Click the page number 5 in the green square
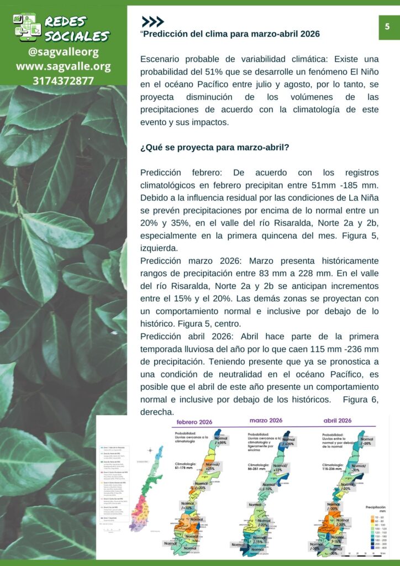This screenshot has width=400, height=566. [387, 26]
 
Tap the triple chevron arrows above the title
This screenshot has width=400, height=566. [152, 22]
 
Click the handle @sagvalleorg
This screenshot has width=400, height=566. [64, 53]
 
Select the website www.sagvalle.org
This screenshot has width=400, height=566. [64, 67]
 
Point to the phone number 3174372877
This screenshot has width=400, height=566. [64, 81]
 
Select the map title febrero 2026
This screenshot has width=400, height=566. [194, 422]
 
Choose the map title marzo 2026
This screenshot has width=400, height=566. [266, 420]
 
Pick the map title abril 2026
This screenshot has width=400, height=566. [338, 421]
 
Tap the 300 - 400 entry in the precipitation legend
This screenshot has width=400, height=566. [378, 549]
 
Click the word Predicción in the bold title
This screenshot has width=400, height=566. [167, 34]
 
